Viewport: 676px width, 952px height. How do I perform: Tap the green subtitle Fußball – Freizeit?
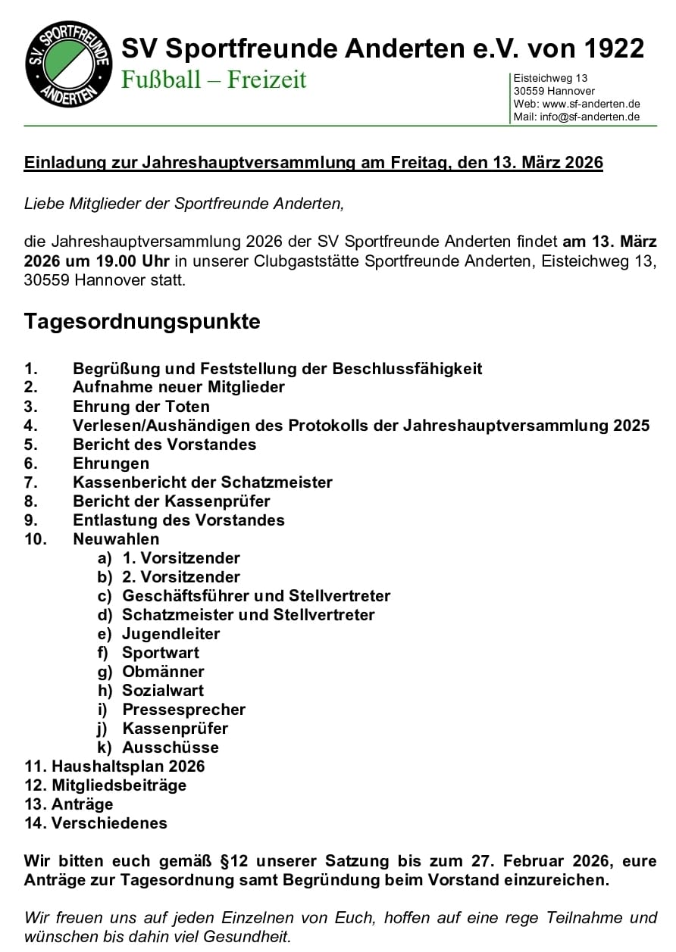point(214,80)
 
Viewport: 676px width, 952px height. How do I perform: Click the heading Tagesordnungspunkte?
point(142,321)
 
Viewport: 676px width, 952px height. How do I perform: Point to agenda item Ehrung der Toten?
point(141,407)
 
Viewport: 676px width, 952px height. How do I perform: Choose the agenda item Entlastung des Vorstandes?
point(178,520)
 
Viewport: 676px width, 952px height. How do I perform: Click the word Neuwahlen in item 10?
point(116,539)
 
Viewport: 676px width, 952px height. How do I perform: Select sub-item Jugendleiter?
point(171,634)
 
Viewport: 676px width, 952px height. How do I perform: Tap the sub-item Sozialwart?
point(163,691)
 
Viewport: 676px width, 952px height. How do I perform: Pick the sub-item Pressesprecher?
point(183,710)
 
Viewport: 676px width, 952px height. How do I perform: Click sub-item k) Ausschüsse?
point(171,748)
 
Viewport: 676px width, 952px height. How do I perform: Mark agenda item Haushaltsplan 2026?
point(127,766)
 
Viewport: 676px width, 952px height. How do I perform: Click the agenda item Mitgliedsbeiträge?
point(118,785)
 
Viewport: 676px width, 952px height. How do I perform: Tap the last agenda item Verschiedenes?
point(109,823)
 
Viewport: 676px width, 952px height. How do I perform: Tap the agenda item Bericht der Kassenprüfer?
point(171,501)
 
